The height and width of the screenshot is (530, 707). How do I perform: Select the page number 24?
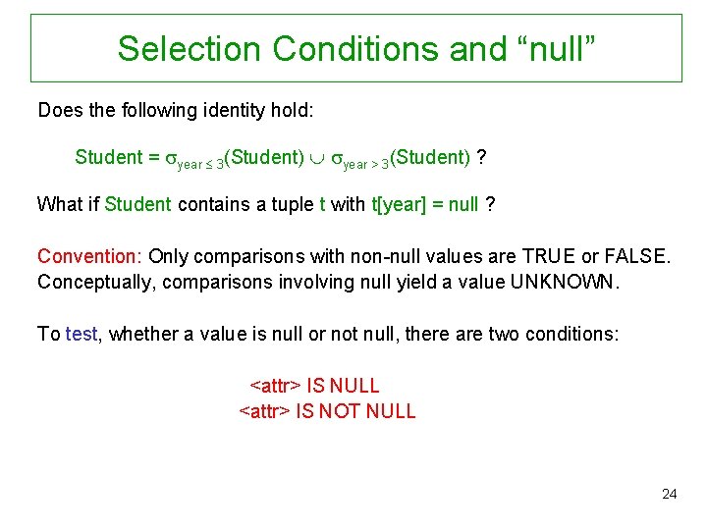[x=669, y=494]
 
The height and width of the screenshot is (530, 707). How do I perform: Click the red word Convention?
[x=89, y=256]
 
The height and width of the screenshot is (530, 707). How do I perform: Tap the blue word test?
[x=82, y=334]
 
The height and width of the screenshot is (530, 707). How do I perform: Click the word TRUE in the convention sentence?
[x=544, y=256]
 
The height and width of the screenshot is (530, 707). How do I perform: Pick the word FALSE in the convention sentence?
[x=638, y=256]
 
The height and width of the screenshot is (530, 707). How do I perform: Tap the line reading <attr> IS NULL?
[x=315, y=386]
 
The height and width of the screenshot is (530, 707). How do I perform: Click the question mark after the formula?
[x=489, y=157]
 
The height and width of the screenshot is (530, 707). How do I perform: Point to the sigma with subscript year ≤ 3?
[x=170, y=158]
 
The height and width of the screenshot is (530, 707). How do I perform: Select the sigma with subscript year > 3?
[x=336, y=158]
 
